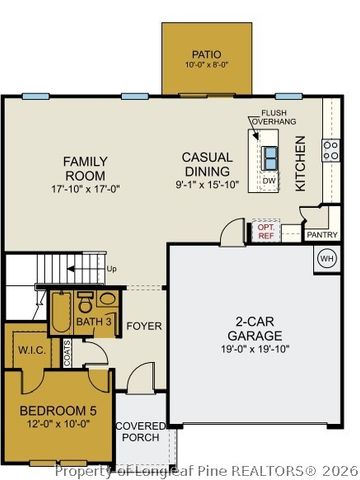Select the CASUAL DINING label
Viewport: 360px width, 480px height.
pos(208,165)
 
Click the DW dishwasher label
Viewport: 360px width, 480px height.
pos(268,180)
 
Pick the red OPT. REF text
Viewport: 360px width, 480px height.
pos(265,231)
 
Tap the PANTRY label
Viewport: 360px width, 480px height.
pos(322,235)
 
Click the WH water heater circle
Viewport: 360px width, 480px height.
pos(326,259)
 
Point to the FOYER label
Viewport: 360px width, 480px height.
pos(144,324)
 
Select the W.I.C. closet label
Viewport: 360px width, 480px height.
pos(30,351)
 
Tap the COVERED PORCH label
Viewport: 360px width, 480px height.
pos(139,432)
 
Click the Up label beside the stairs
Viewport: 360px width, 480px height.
pos(111,269)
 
